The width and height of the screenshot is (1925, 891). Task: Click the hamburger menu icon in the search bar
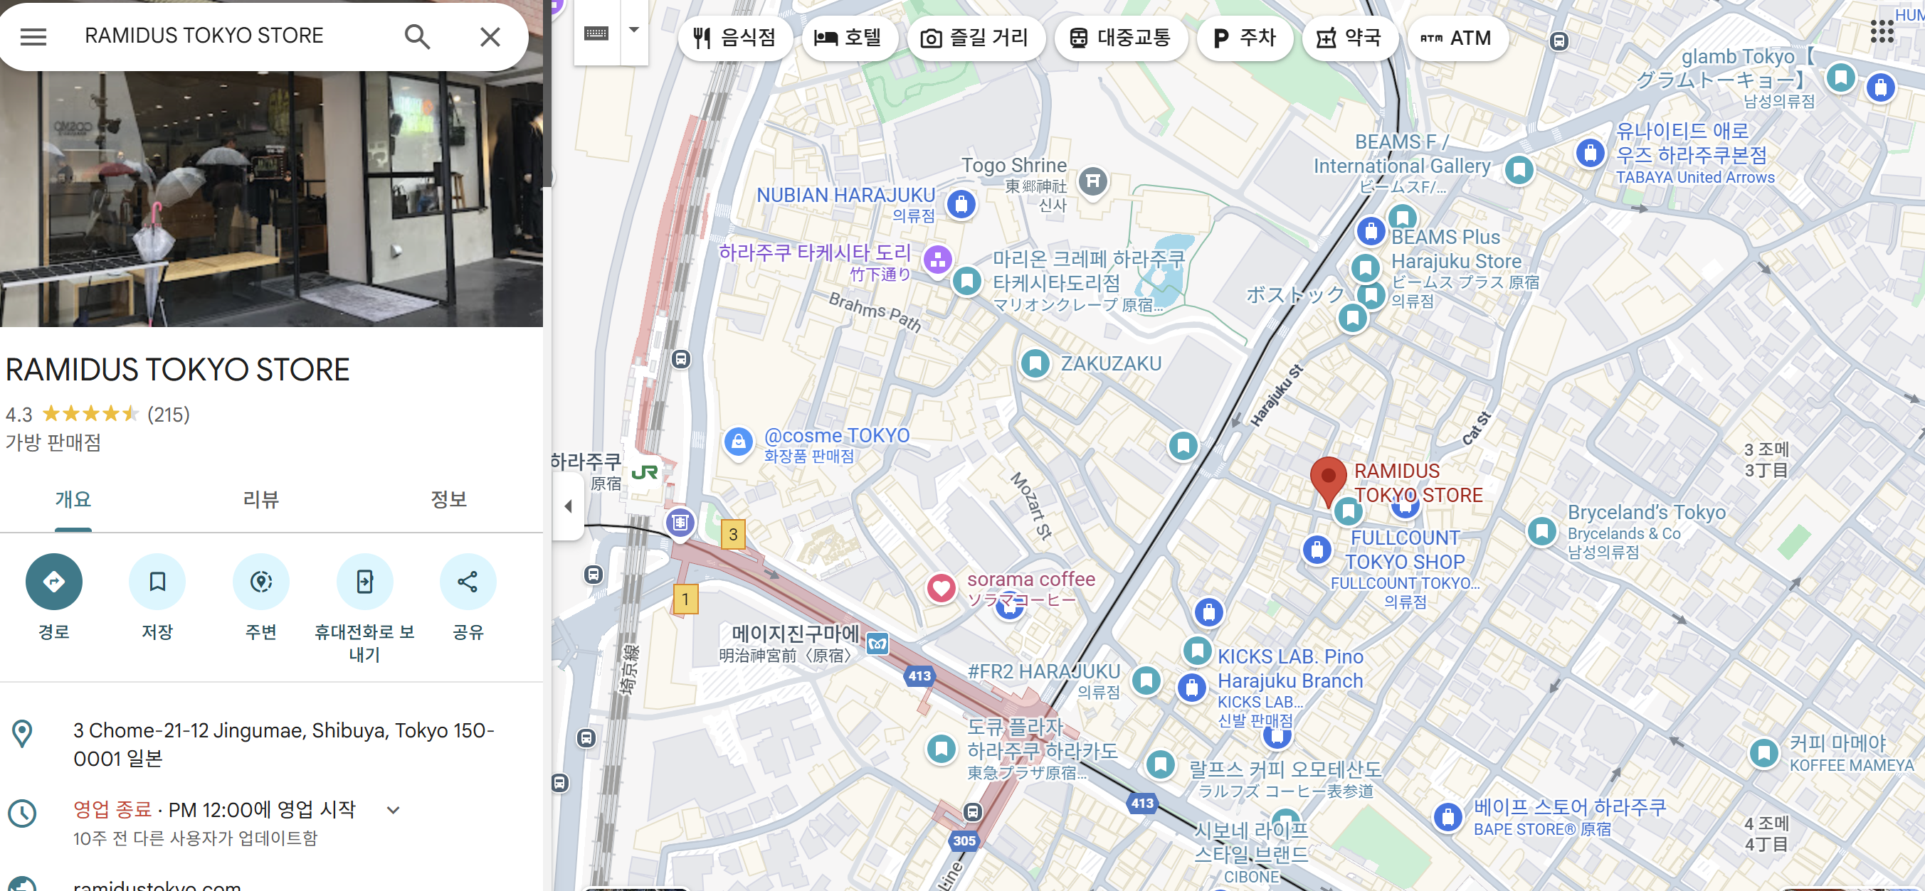pos(33,36)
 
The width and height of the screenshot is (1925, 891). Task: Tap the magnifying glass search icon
pos(417,36)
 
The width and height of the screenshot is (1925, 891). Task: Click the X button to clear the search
pos(490,36)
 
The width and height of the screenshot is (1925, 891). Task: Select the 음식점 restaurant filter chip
pos(734,38)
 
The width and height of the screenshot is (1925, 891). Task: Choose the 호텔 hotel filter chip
pos(848,38)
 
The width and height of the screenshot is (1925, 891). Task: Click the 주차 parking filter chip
pos(1244,38)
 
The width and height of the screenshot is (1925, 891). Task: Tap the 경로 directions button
pos(54,582)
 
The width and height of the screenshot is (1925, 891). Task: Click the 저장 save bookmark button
pos(157,582)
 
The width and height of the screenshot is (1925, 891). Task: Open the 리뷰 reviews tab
pos(260,499)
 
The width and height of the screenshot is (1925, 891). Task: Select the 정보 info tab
pos(448,499)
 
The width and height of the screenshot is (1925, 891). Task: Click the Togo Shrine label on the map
pos(1013,166)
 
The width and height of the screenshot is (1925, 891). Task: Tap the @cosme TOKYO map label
pos(836,435)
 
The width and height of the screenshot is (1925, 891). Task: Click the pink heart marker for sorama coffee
pos(941,588)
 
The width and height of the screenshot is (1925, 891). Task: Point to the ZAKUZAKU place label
pos(1110,363)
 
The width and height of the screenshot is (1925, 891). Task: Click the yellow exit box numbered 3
pos(732,534)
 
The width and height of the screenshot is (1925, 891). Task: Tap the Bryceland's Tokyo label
pos(1646,513)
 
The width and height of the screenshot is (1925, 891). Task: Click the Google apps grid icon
pos(1881,31)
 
